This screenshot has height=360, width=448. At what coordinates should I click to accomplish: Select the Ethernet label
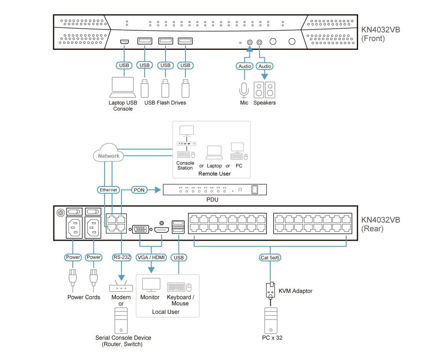(108, 190)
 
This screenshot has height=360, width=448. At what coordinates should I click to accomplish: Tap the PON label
(139, 190)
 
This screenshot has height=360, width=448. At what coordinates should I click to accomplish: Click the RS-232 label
(122, 258)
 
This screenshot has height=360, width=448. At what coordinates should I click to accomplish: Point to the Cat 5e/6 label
(270, 258)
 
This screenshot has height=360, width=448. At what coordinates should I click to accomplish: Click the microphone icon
(244, 90)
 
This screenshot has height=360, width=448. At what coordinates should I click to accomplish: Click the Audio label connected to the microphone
(245, 66)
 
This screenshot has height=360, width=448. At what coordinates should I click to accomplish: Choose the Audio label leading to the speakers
(264, 66)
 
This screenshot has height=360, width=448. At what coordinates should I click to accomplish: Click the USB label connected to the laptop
(123, 65)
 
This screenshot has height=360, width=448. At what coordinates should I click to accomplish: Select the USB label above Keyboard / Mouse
(179, 258)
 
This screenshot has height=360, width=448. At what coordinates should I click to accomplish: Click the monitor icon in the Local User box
(151, 285)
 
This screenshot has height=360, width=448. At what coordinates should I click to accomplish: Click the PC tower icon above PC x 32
(271, 320)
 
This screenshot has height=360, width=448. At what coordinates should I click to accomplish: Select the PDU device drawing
(215, 190)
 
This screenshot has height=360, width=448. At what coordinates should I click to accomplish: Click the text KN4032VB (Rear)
(380, 224)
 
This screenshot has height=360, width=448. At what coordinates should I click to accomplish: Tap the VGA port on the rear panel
(140, 229)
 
